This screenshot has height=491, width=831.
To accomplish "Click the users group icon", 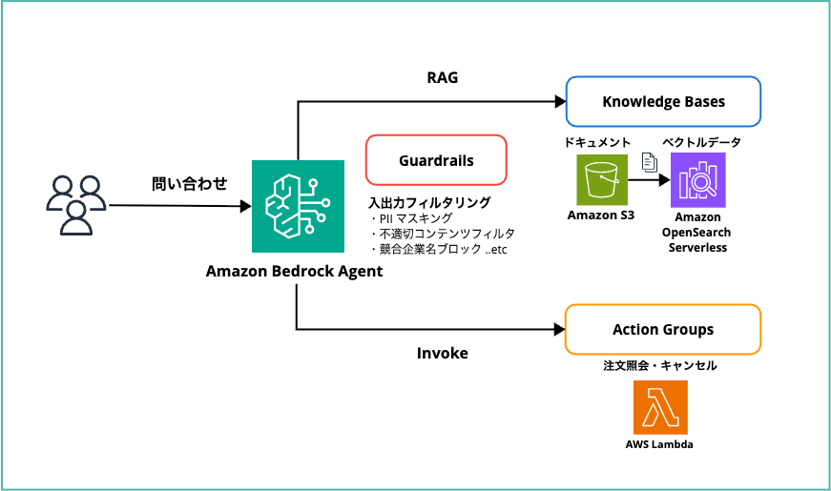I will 74,204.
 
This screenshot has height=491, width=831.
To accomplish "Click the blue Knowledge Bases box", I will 663,102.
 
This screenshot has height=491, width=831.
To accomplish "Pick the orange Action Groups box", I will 663,330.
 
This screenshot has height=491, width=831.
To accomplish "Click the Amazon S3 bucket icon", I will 601,178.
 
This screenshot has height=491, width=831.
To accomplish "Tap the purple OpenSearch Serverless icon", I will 698,179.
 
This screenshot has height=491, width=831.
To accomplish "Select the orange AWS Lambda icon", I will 659,407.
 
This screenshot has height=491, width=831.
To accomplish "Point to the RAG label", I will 442,77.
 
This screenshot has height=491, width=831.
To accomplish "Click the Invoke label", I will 442,353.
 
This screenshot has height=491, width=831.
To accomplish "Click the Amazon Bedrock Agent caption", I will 294,271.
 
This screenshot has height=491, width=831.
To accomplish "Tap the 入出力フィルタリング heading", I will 429,202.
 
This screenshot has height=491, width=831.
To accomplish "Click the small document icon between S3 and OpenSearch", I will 648,161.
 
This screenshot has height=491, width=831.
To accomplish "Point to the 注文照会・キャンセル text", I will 660,365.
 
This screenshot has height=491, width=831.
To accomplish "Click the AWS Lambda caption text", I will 659,444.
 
